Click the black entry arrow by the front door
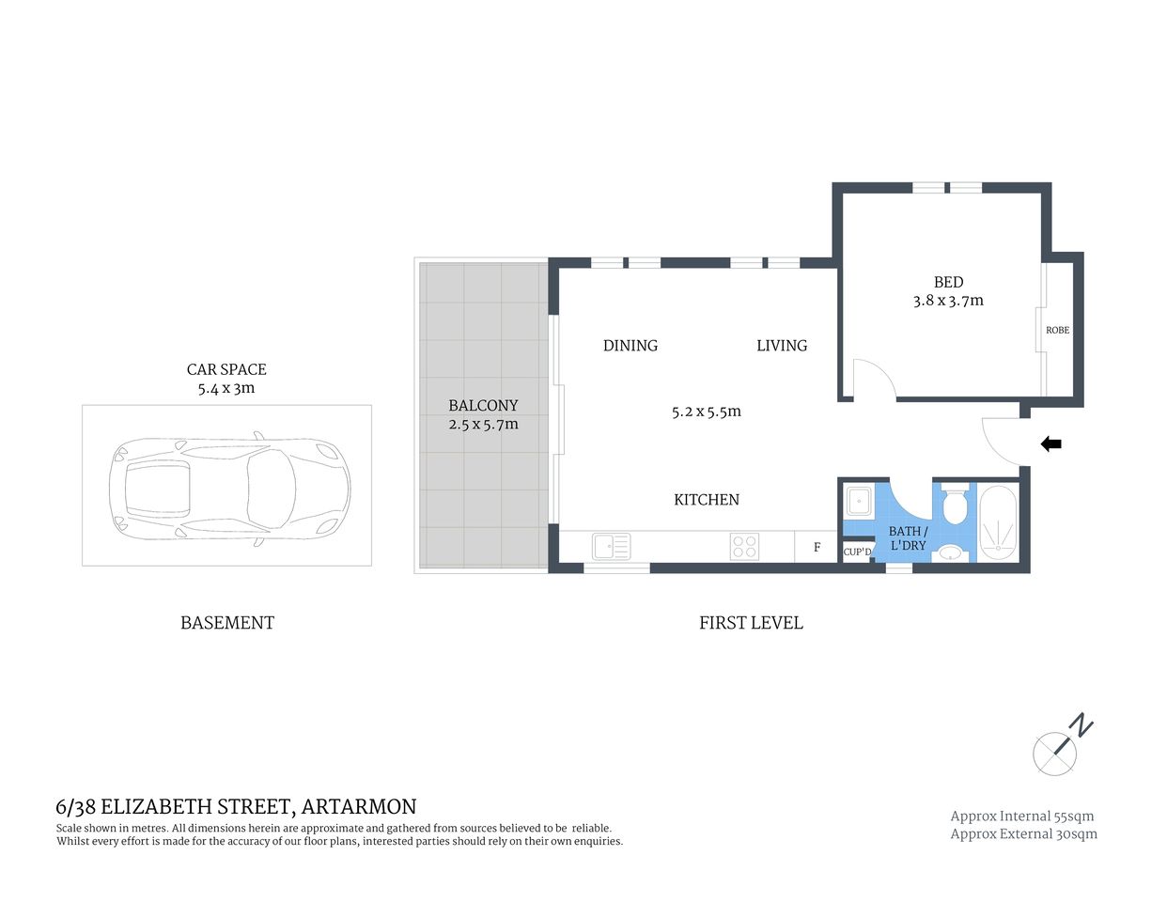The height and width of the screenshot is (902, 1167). [1051, 444]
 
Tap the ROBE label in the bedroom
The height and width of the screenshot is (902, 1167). [1057, 330]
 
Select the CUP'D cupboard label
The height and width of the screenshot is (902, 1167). [856, 552]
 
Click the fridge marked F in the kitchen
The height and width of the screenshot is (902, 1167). [817, 547]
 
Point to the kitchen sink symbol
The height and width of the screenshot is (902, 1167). [611, 546]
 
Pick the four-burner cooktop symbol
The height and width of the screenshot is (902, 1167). [744, 546]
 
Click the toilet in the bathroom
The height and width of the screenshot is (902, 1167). [955, 505]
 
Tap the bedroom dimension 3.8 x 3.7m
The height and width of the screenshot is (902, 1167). [947, 301]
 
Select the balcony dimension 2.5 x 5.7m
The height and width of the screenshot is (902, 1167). [483, 424]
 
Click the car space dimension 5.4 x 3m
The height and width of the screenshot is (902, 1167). [226, 387]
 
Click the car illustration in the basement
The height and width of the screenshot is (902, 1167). [228, 485]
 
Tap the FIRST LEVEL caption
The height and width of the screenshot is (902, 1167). [751, 622]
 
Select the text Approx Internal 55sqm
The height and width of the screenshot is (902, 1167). [1021, 816]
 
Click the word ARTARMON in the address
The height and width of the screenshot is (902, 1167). [359, 806]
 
